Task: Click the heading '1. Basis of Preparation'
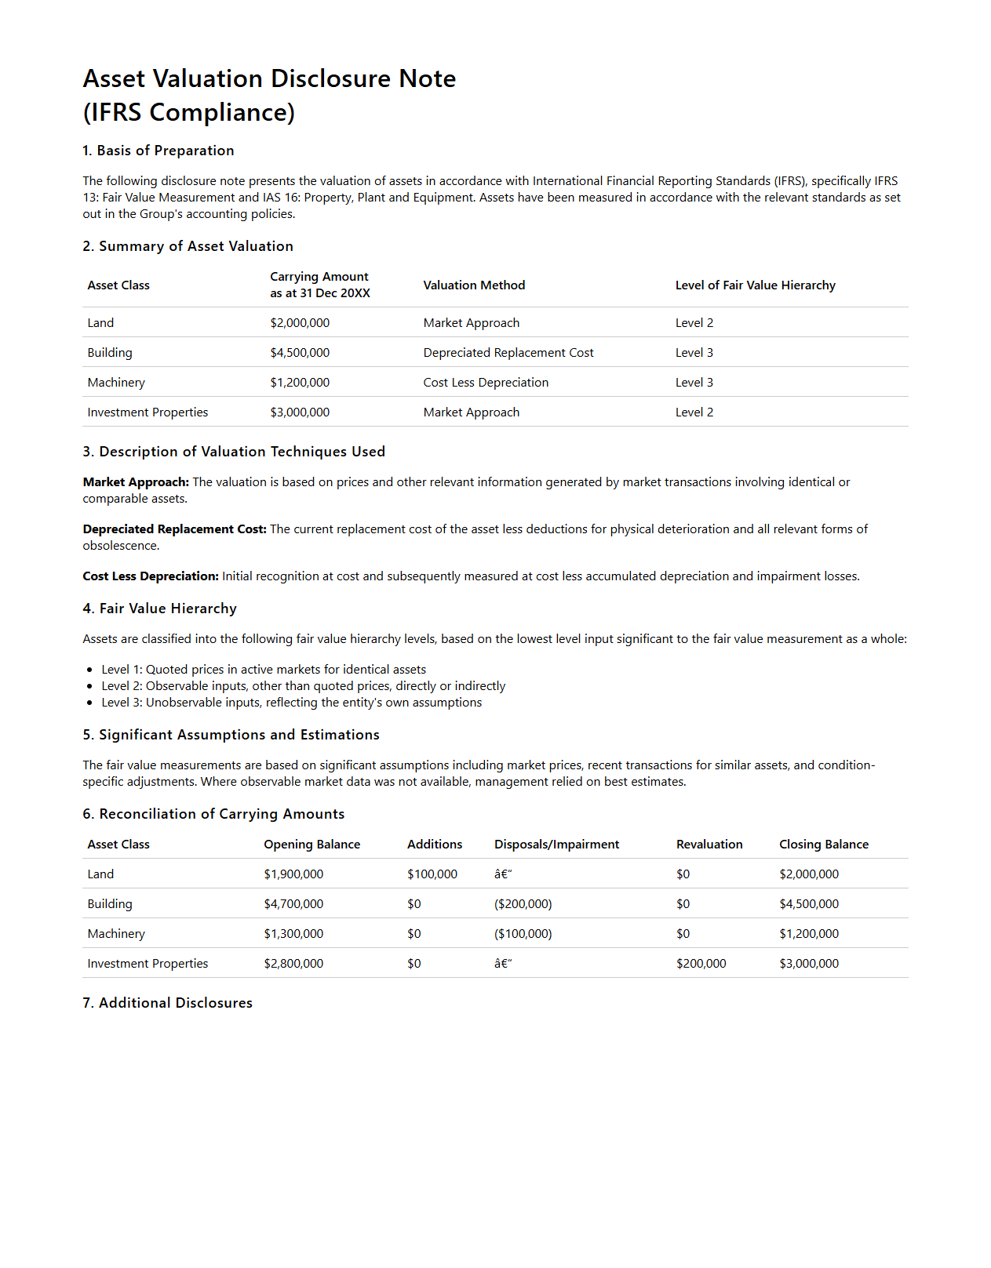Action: pos(158,151)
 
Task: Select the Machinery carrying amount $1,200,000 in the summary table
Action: pos(300,383)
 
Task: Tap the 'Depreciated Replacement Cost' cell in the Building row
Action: pos(508,353)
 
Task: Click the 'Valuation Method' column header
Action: pos(474,285)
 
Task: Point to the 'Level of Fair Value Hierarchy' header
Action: pos(755,285)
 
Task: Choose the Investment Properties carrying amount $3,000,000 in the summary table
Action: pos(300,412)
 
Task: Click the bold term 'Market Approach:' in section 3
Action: pos(136,482)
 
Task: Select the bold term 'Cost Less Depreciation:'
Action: pos(151,576)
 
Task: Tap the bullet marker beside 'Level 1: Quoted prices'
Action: pos(90,670)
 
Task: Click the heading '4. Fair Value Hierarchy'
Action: pos(160,609)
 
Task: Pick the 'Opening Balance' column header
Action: pos(312,845)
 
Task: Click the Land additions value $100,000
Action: pos(432,874)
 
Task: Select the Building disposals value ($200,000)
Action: pos(523,904)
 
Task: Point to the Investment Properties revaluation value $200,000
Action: pos(701,964)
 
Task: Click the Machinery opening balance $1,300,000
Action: pos(293,934)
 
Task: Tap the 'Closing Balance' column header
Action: pos(823,845)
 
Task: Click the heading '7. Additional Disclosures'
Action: pos(168,1003)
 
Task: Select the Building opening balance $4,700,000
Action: pos(293,904)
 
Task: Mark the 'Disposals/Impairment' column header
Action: pos(556,845)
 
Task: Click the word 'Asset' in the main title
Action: pos(114,79)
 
